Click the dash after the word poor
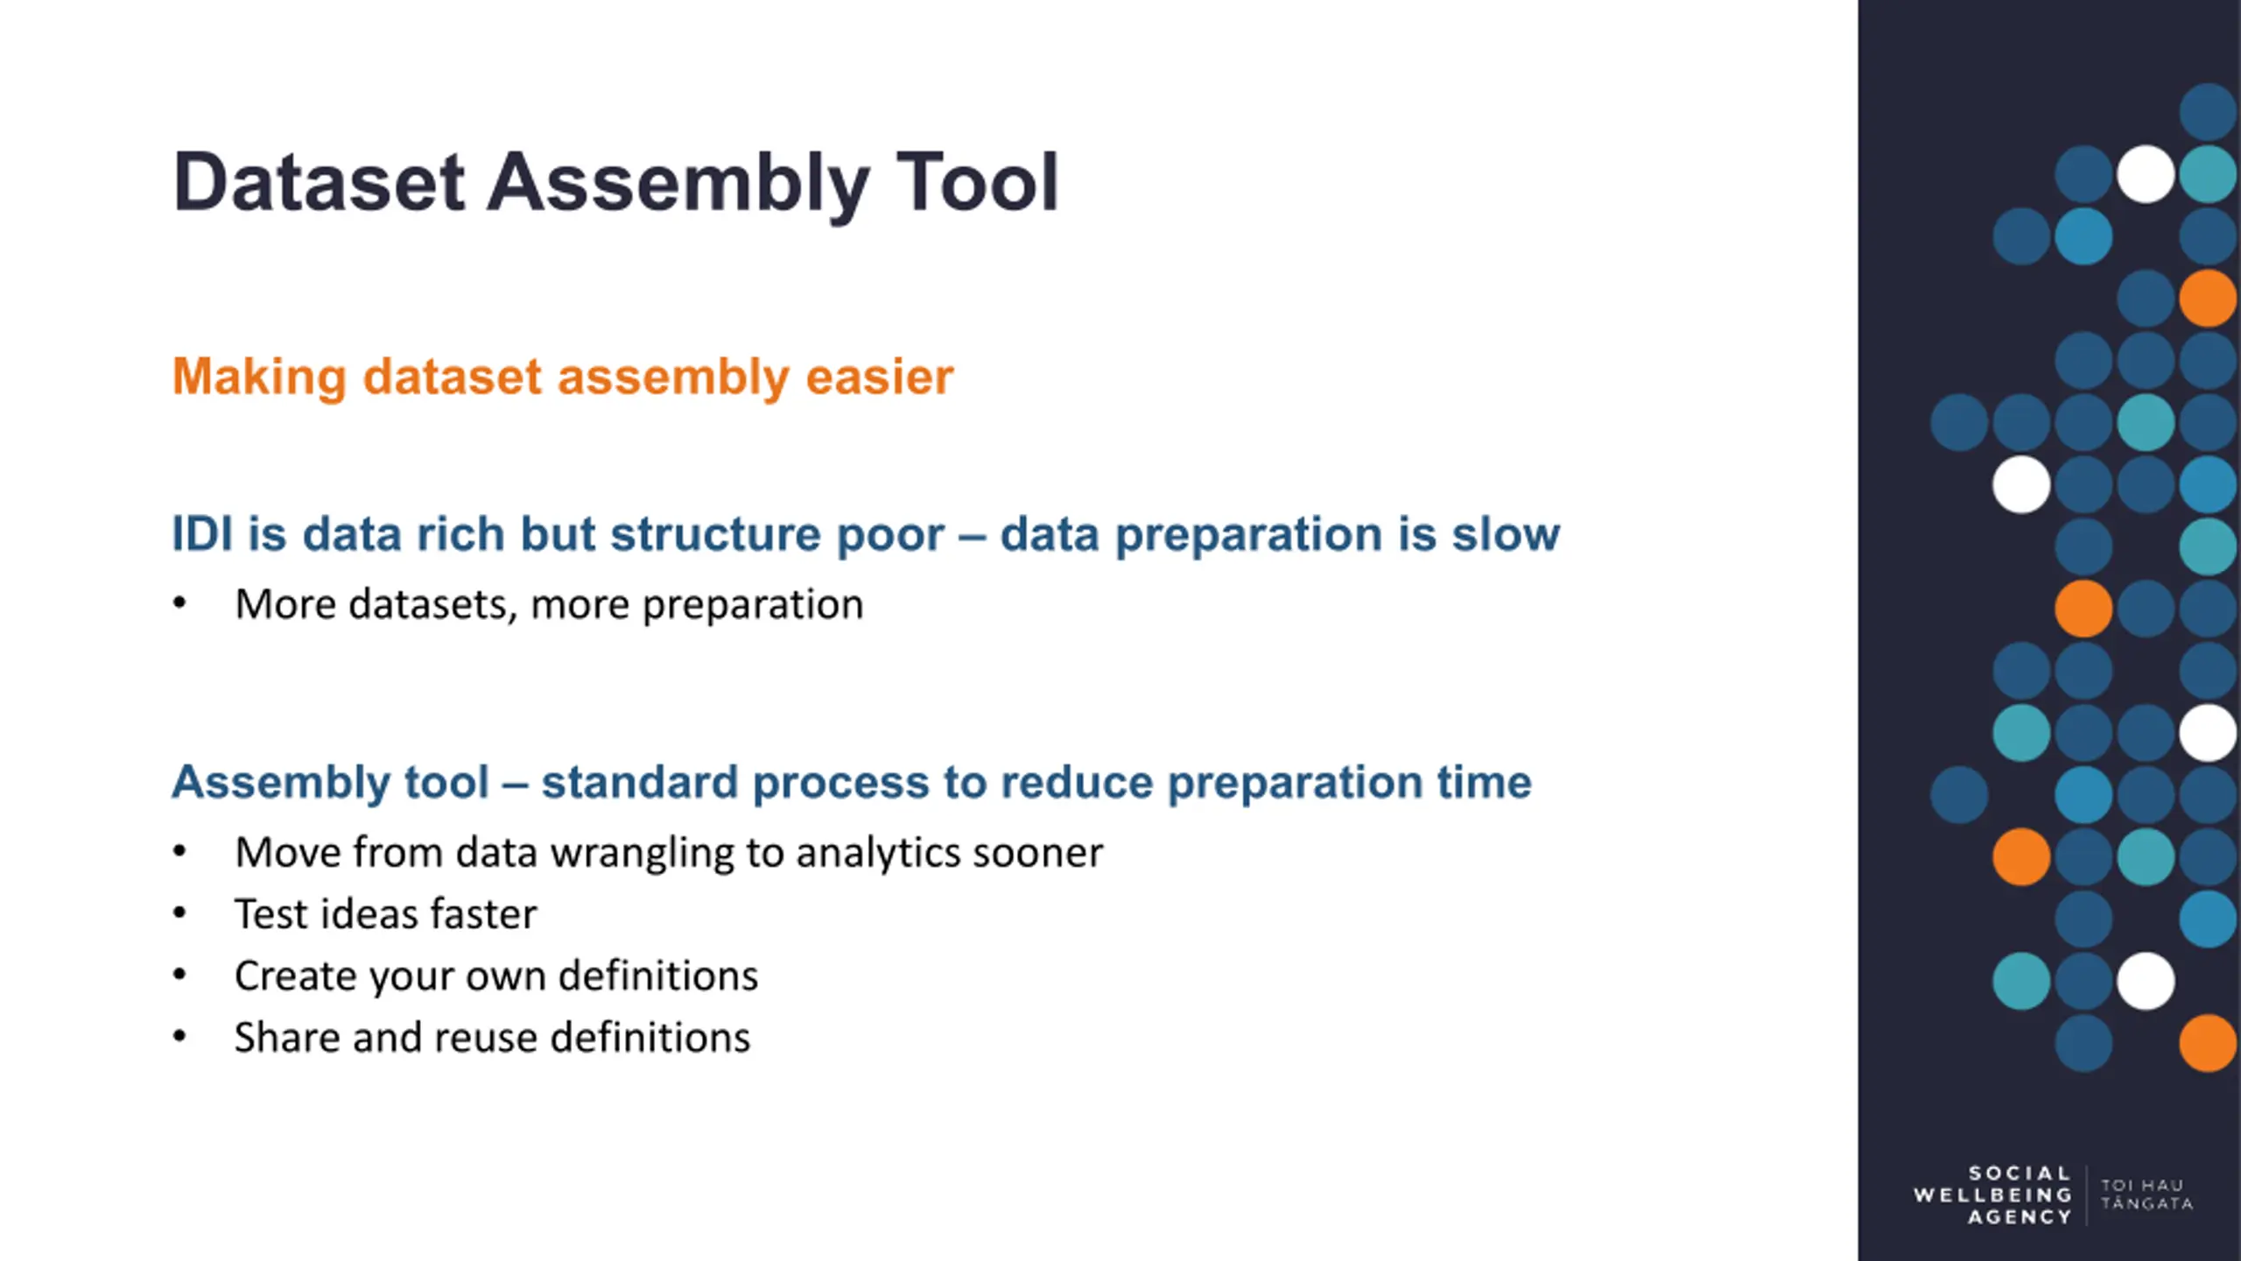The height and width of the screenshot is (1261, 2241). click(x=972, y=536)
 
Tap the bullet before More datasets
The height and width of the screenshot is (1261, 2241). click(x=179, y=602)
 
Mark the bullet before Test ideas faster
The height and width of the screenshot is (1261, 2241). click(x=179, y=912)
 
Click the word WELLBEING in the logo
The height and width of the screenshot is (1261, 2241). click(x=1992, y=1195)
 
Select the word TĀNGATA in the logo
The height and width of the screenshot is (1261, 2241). click(x=2146, y=1204)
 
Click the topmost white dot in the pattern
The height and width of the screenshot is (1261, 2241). click(x=2146, y=173)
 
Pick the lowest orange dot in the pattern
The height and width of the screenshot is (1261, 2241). click(x=2208, y=1043)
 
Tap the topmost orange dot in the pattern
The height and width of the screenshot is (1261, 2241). click(x=2208, y=298)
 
